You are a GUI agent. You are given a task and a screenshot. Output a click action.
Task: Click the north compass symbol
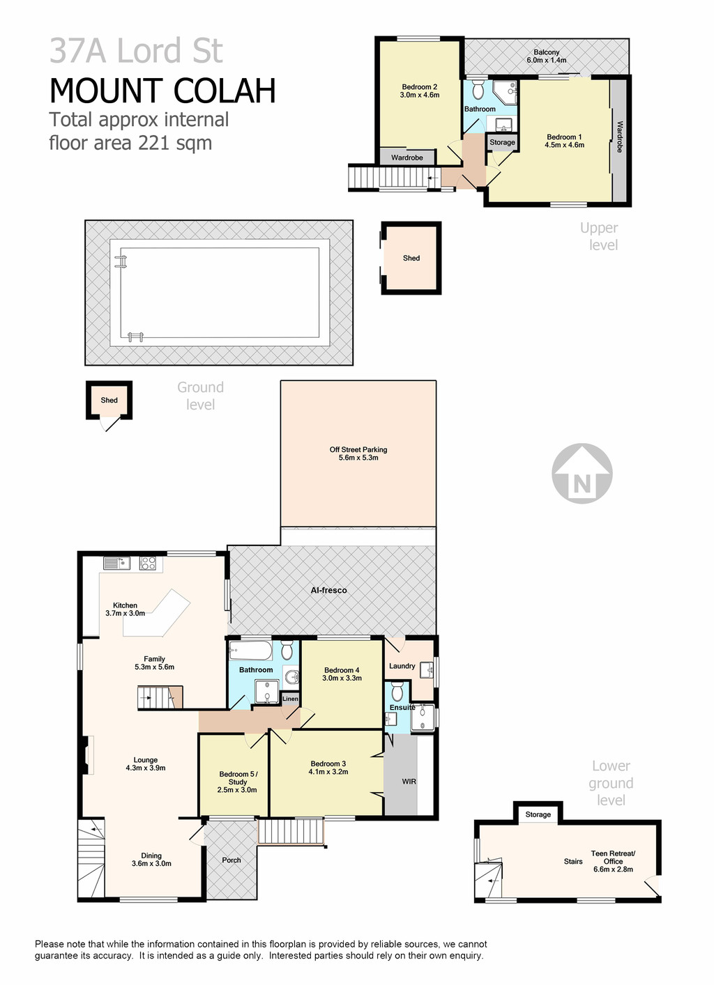[x=582, y=474]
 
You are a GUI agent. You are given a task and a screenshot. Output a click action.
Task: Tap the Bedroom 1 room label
[x=564, y=141]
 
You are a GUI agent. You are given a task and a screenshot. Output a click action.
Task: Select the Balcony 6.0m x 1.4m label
[x=547, y=56]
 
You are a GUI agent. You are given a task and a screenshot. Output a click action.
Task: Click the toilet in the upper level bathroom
[x=478, y=90]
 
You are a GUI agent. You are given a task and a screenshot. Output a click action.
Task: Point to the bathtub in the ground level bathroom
[x=252, y=651]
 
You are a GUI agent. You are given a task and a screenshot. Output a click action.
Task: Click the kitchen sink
[x=113, y=563]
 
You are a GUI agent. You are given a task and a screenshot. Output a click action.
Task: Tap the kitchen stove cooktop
[x=148, y=563]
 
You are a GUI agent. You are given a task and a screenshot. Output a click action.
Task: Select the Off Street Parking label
[x=358, y=453]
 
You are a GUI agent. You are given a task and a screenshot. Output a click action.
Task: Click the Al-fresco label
[x=329, y=590]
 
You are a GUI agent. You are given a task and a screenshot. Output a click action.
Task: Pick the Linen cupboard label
[x=290, y=699]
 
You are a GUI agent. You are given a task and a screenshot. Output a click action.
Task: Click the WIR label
[x=409, y=782]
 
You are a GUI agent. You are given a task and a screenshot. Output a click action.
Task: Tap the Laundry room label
[x=402, y=666]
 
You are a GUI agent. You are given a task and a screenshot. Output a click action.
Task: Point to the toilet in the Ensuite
[x=397, y=692]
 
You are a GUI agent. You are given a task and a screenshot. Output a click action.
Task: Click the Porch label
[x=231, y=860]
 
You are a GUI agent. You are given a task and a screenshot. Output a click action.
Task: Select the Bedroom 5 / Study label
[x=238, y=782]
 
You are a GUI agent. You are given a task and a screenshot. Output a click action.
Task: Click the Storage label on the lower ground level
[x=538, y=814]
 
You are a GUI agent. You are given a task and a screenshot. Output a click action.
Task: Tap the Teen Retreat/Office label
[x=613, y=861]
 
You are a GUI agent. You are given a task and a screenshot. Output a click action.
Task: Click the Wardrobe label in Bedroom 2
[x=407, y=157]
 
